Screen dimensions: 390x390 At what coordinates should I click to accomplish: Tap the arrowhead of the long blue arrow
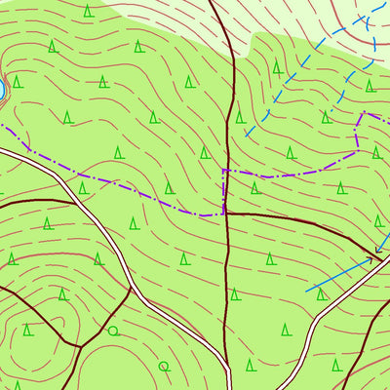pyautogui.click(x=375, y=258)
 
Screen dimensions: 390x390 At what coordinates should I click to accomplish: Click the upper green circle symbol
pyautogui.click(x=113, y=331)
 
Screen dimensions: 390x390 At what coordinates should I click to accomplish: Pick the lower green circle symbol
pyautogui.click(x=163, y=367)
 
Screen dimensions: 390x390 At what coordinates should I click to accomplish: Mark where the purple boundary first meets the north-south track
pyautogui.click(x=225, y=171)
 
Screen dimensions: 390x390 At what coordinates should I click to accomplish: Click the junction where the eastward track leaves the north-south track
pyautogui.click(x=227, y=214)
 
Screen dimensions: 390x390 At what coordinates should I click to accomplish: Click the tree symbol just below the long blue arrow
pyautogui.click(x=321, y=293)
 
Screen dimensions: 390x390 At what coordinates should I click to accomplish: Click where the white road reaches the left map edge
pyautogui.click(x=1, y=151)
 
